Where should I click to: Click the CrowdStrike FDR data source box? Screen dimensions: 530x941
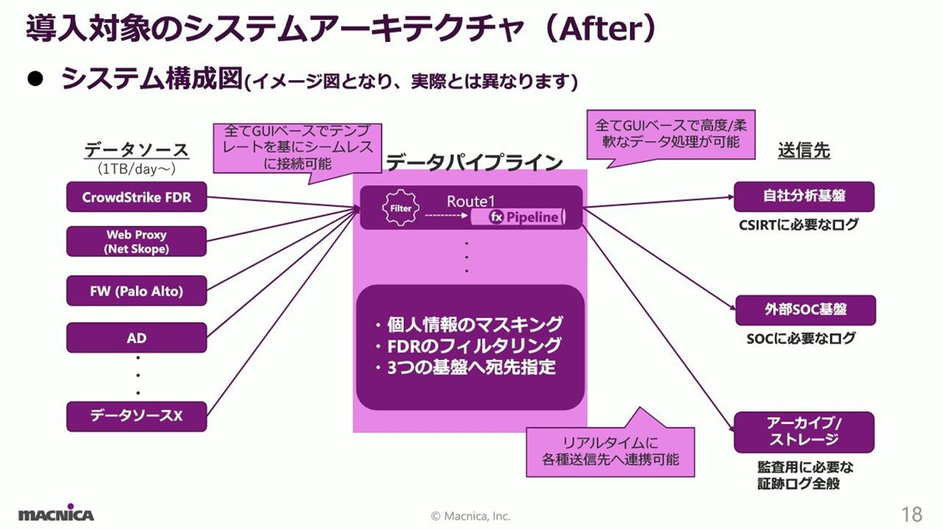coord(136,198)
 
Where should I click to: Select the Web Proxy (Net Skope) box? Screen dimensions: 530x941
coord(136,242)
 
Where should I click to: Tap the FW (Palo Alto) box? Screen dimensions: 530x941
coord(136,291)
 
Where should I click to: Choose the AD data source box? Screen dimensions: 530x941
coord(136,338)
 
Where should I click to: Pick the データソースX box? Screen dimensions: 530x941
coord(136,415)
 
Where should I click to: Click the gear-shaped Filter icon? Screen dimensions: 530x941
coord(400,209)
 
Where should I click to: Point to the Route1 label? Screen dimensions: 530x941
coord(470,201)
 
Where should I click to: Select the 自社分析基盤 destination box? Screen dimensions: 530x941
coord(803,196)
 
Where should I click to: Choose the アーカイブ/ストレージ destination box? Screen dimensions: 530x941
coord(803,432)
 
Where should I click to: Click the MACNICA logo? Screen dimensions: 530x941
coord(57,513)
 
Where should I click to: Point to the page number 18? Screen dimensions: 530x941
coord(911,512)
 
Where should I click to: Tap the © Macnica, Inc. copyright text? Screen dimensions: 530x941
coord(470,516)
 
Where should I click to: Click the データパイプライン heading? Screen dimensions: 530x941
coord(474,164)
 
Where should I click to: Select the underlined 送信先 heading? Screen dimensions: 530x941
coord(803,151)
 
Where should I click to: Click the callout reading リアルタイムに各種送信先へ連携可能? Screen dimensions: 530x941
coord(608,451)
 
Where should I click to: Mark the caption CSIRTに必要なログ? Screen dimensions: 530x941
coord(798,225)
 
